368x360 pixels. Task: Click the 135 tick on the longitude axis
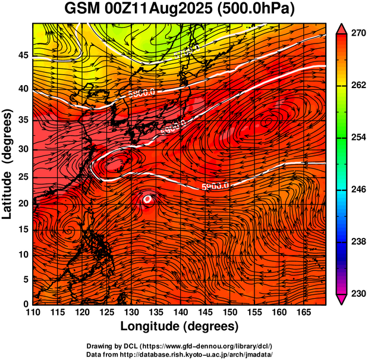[x=155, y=313]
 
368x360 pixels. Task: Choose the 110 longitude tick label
[x=33, y=313]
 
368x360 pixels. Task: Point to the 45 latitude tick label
[x=23, y=55]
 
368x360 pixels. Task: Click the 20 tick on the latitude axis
[x=23, y=203]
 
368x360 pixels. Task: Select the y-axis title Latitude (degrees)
[x=8, y=164]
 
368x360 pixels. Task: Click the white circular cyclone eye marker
[x=147, y=199]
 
